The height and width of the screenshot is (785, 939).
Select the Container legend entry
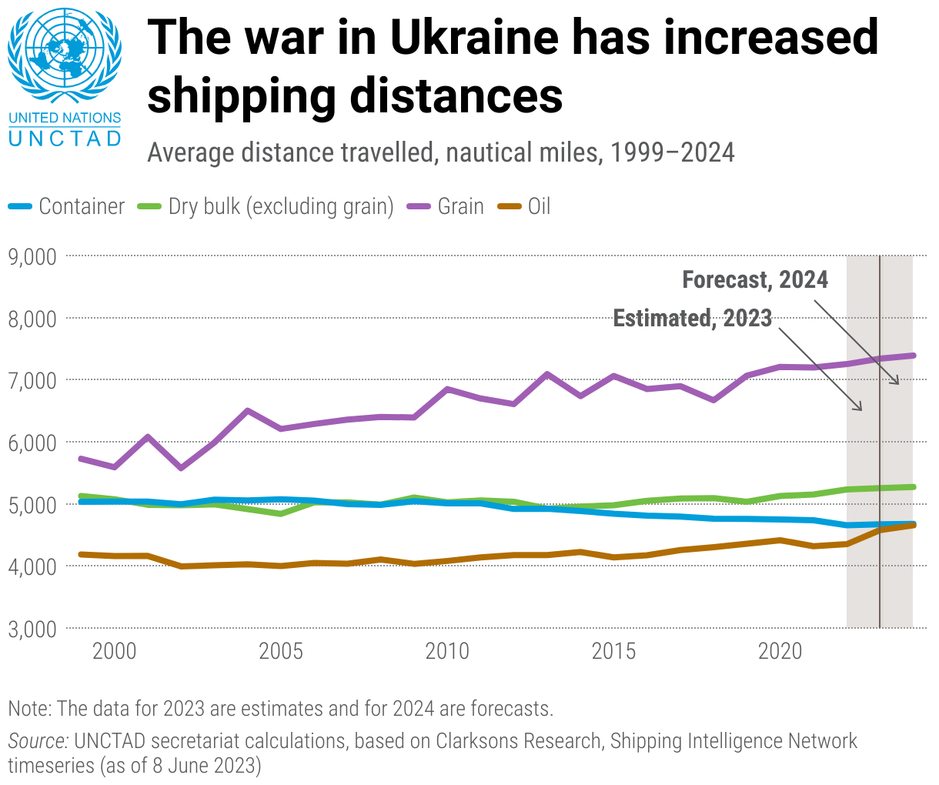(x=67, y=206)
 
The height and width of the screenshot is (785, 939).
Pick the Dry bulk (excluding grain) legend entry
(x=266, y=206)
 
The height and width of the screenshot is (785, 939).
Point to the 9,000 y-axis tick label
(x=32, y=256)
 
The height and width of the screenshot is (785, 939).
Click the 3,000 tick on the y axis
(x=32, y=629)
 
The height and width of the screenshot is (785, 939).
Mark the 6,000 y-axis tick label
(x=32, y=443)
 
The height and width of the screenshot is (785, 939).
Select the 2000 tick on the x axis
(x=114, y=652)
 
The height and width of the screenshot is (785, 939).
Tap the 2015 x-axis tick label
(x=613, y=652)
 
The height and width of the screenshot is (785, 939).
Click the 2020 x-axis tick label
(x=780, y=652)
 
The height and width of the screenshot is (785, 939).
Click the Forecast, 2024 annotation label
(x=755, y=279)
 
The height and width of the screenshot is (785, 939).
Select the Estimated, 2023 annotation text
(x=692, y=318)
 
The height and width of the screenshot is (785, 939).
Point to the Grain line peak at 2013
(x=546, y=375)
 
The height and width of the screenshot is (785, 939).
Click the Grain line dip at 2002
(x=181, y=467)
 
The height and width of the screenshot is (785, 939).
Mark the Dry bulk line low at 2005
(x=281, y=513)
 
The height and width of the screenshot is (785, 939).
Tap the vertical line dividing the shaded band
(x=880, y=462)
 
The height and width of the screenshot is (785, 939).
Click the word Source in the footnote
(x=38, y=741)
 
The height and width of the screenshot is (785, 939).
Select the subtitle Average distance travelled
(x=440, y=152)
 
